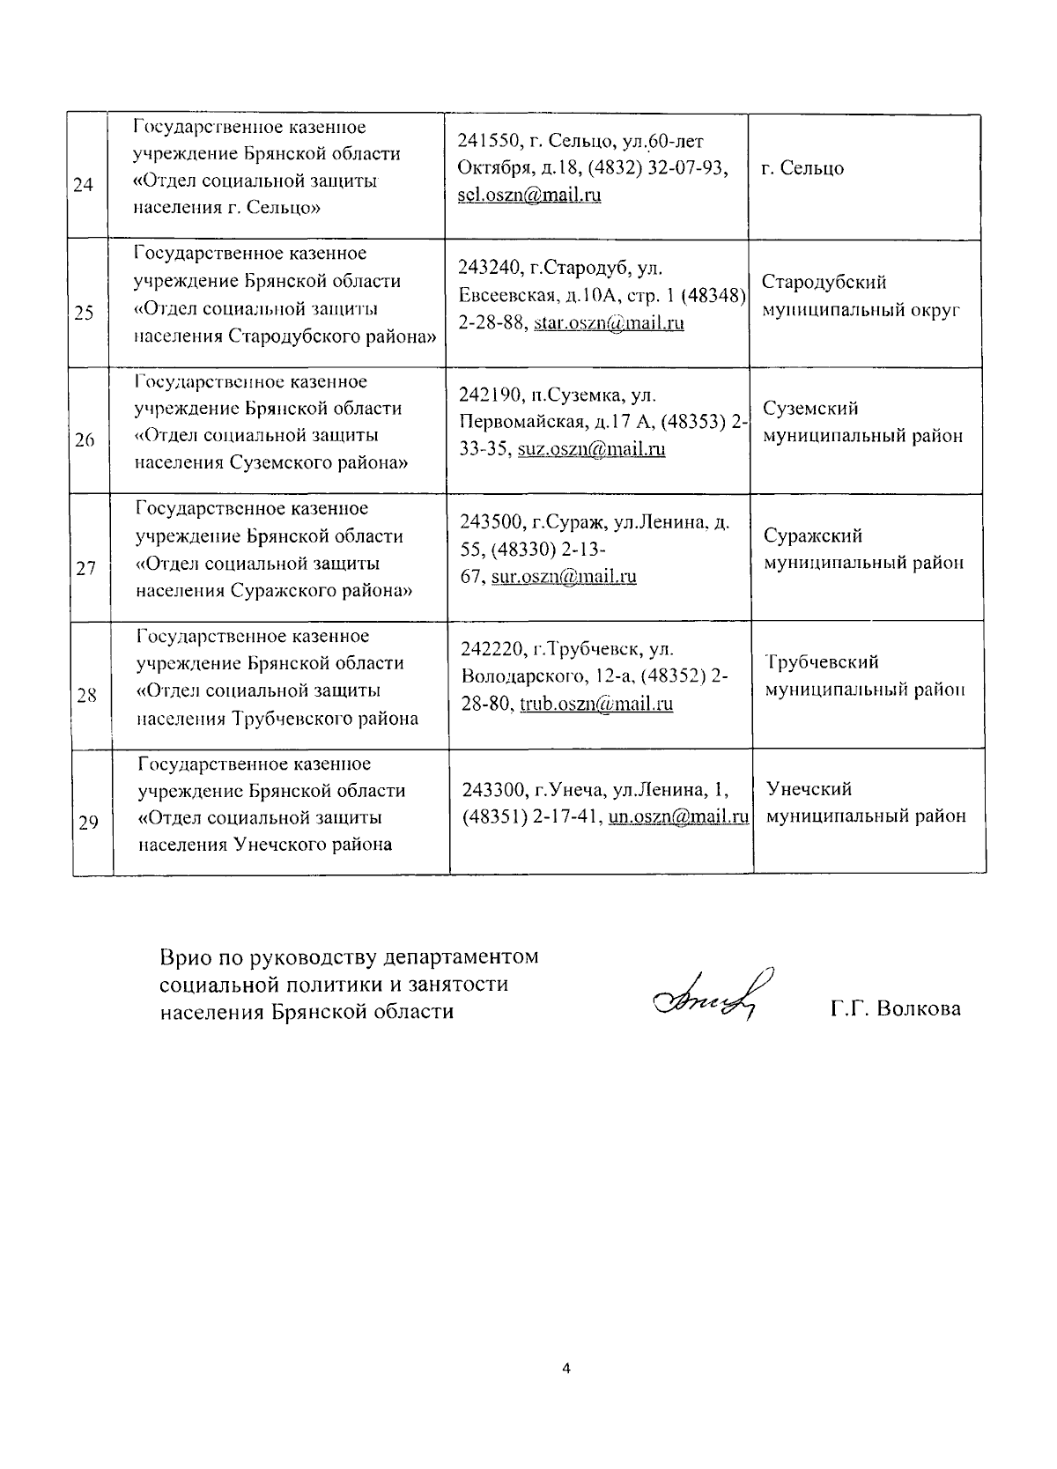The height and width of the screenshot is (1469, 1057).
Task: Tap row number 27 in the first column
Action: tap(85, 569)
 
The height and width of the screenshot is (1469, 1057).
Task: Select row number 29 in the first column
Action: tap(88, 823)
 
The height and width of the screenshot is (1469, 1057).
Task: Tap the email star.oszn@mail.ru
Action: tap(610, 322)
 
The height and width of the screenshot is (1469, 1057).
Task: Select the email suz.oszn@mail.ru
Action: tap(591, 449)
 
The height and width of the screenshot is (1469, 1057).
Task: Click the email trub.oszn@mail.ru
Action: tap(596, 704)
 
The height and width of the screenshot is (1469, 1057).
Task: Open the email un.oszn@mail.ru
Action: tap(678, 816)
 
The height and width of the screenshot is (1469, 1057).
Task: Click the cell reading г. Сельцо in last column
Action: tap(802, 168)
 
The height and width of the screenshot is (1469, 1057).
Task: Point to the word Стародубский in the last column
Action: tap(824, 283)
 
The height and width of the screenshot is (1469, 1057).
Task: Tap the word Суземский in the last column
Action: tap(810, 409)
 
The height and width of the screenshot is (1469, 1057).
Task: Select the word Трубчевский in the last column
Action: tap(822, 662)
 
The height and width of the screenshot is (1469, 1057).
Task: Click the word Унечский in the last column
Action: tap(809, 789)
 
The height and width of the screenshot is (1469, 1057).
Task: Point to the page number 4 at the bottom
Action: tap(566, 1369)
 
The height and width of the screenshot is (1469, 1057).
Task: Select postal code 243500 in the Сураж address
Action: tap(490, 522)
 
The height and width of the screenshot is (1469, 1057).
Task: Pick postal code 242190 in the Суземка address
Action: tap(489, 395)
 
